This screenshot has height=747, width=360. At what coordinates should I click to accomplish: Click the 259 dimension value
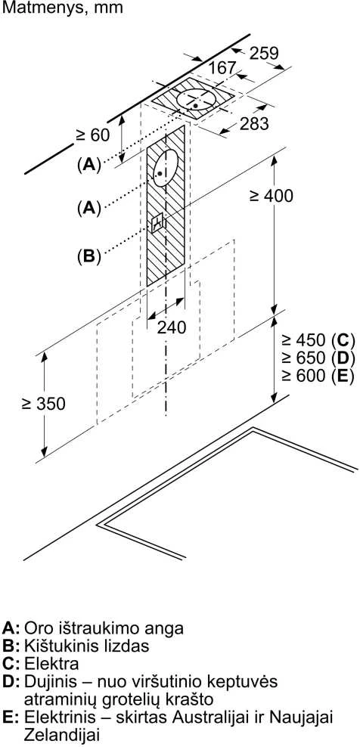coord(264,53)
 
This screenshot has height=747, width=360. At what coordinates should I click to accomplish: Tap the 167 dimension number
coord(222,67)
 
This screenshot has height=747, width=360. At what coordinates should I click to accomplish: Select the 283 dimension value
coord(254,124)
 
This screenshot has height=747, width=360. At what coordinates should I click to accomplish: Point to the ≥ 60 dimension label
coord(92,135)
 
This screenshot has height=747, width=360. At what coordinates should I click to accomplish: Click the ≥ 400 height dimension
coord(272,195)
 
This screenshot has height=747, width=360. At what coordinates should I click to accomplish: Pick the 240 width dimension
coord(172,327)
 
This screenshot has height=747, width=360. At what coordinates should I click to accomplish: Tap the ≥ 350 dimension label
coord(43,404)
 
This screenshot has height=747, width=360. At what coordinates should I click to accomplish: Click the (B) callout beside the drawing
coord(89,256)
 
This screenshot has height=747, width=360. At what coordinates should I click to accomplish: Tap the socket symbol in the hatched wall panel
coord(157,222)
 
